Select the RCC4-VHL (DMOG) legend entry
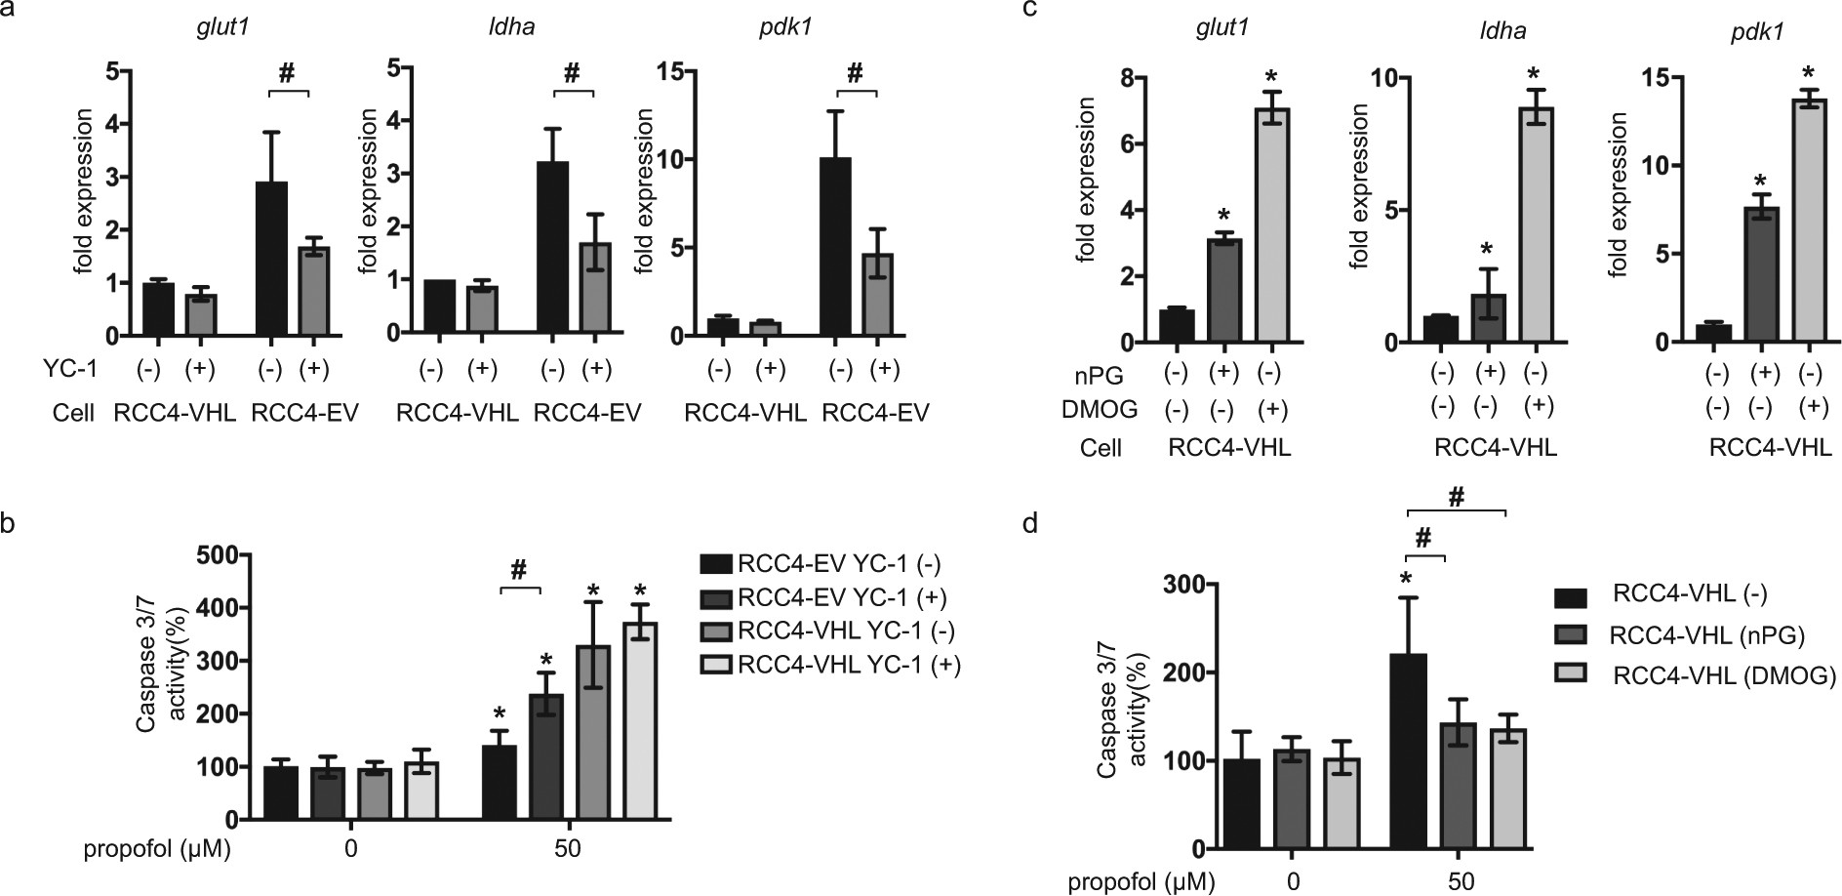tap(1724, 675)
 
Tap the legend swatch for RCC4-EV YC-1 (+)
tap(716, 597)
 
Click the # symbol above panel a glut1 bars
tap(286, 72)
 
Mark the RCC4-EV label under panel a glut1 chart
tap(304, 413)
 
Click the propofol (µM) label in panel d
tap(1141, 883)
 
